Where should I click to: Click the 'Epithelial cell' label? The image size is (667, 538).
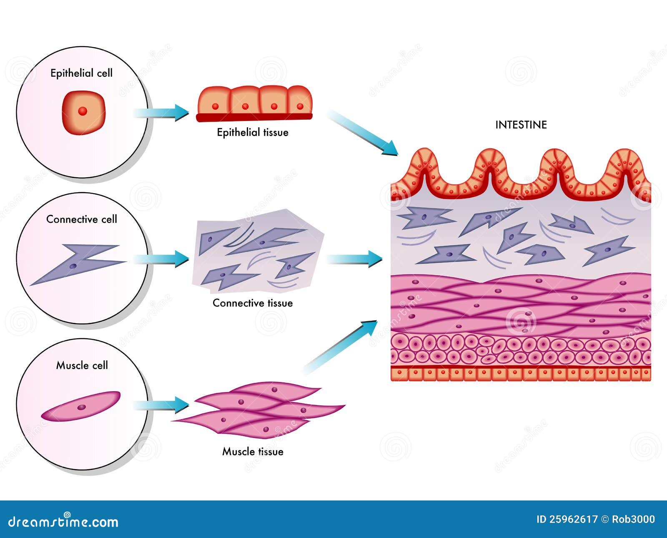point(81,73)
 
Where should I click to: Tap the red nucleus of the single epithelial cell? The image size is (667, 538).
point(83,111)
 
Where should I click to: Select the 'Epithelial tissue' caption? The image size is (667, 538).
point(253,133)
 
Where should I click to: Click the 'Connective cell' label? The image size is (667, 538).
point(81,219)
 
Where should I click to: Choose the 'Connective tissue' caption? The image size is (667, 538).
point(253,303)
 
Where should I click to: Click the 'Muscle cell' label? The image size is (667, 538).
point(82,366)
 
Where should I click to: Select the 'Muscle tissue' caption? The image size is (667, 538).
point(253,452)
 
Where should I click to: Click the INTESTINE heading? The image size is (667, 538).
point(521,125)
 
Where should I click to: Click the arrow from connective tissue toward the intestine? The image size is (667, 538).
point(354,259)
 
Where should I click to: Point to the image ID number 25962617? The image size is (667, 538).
point(573,520)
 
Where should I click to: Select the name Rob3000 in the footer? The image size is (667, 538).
point(633,520)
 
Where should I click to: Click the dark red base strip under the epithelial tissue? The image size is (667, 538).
point(254,117)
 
